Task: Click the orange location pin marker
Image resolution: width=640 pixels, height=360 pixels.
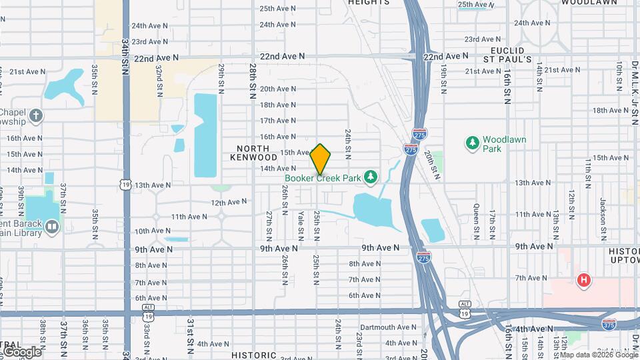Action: click(x=321, y=159)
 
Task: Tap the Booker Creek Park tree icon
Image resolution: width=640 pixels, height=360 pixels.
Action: click(x=371, y=177)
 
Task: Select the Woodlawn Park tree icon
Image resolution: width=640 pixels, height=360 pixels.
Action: click(x=473, y=142)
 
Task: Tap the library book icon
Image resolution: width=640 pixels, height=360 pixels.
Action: click(x=52, y=228)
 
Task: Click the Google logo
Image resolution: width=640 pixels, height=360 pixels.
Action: click(x=21, y=351)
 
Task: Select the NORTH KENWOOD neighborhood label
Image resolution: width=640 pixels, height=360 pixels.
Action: click(x=253, y=152)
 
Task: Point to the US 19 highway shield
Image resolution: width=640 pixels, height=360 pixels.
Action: click(x=125, y=183)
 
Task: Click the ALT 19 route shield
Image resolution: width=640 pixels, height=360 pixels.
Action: click(x=465, y=308)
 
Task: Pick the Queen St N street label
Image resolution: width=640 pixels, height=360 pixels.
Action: click(x=476, y=221)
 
